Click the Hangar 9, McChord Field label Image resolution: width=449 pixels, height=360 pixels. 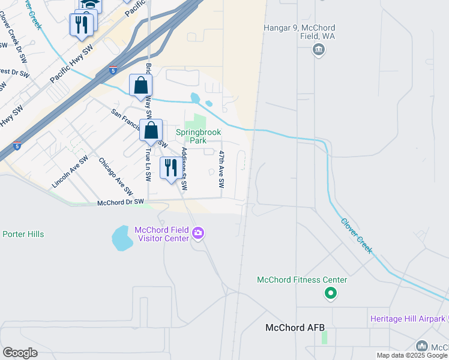coord(299,32)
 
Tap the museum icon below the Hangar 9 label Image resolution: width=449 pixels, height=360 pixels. coord(319,50)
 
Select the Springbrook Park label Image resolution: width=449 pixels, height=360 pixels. coord(199,136)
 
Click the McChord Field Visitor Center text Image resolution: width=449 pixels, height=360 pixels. coord(161,234)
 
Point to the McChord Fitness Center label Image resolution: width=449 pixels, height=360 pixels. coord(302,280)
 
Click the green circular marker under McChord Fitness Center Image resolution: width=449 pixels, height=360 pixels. coord(330,294)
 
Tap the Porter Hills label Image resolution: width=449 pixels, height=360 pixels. coord(23,234)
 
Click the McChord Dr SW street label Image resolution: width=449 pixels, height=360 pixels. coord(121,203)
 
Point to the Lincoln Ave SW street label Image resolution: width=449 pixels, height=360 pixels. coord(70,172)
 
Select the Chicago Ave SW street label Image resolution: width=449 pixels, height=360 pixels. coord(115,177)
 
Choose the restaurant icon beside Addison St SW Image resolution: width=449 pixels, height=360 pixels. coord(170,167)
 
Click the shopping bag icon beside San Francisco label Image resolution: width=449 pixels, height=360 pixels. coord(151,129)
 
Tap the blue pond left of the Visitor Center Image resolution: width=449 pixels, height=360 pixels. coord(122,238)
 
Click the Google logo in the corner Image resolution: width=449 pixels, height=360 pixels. coord(20,352)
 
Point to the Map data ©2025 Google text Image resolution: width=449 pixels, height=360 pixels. coord(412,355)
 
